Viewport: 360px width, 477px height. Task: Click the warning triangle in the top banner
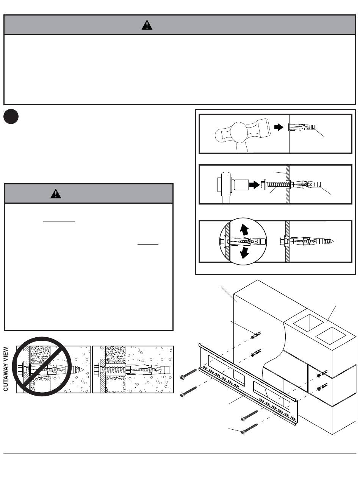[x=147, y=25]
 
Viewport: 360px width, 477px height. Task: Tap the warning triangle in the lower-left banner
[x=56, y=194]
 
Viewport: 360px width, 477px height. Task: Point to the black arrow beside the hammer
[x=279, y=128]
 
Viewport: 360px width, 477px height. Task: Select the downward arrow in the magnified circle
[x=245, y=253]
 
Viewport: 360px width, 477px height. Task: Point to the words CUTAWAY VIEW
[x=6, y=369]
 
